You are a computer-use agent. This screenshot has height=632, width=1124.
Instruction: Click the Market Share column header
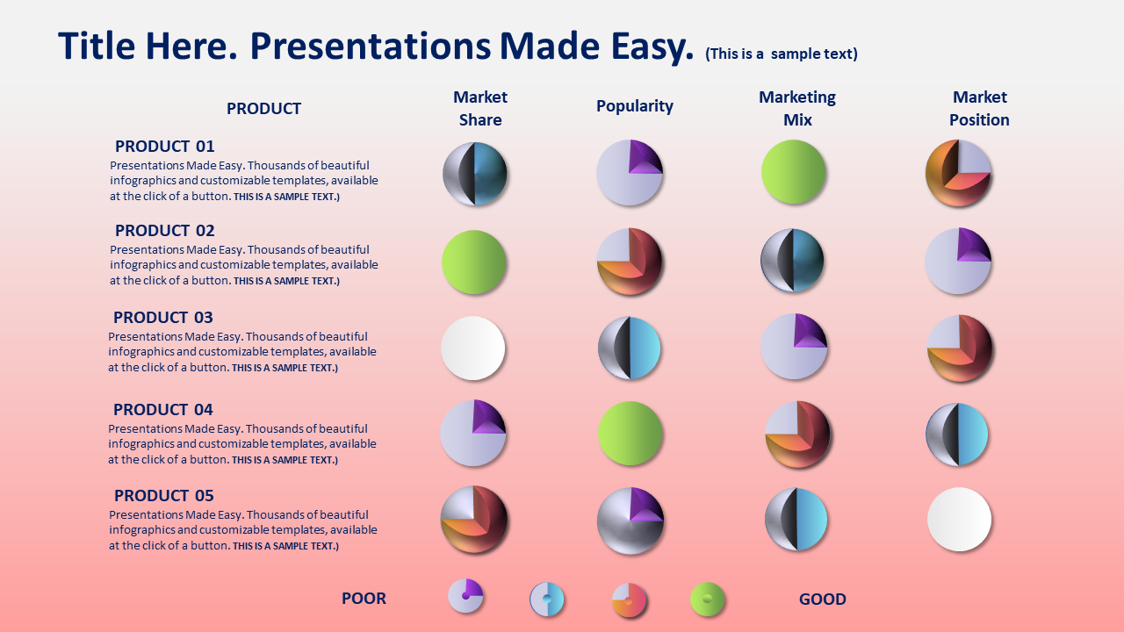(x=480, y=108)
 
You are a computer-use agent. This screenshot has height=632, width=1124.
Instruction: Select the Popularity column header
(x=635, y=106)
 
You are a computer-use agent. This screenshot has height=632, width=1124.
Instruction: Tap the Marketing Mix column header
(x=797, y=108)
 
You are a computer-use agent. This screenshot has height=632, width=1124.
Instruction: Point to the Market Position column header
(x=979, y=108)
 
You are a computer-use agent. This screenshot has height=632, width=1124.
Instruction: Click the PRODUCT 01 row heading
(x=164, y=146)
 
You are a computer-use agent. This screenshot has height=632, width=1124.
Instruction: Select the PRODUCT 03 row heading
(x=163, y=317)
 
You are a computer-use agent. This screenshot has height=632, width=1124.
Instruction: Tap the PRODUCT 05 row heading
(x=164, y=495)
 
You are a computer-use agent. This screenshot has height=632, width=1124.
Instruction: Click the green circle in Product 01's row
(x=793, y=172)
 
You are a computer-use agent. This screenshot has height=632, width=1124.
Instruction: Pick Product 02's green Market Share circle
(x=473, y=262)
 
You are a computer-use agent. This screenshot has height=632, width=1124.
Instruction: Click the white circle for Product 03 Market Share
(x=473, y=348)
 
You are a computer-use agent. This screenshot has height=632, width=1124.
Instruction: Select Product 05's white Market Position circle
(x=960, y=519)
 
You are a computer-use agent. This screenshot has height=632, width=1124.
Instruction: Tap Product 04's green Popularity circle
(x=630, y=434)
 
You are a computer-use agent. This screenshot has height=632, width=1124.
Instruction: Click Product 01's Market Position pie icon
(x=958, y=173)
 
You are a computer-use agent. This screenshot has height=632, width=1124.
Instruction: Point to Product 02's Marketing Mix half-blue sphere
(x=793, y=261)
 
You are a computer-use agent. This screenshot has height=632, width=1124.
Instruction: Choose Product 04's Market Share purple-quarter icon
(x=473, y=433)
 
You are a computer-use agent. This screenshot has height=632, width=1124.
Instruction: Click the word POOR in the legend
(x=364, y=599)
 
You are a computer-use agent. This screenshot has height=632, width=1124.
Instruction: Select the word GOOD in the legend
(x=823, y=599)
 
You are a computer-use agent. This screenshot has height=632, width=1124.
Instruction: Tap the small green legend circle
(x=708, y=599)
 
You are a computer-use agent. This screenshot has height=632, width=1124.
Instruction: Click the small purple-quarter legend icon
(x=465, y=596)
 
